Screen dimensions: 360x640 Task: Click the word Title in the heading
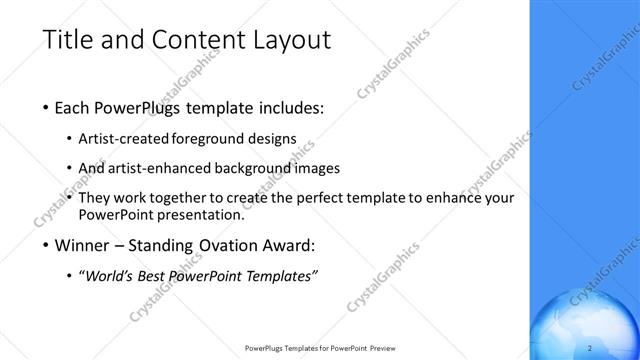pos(67,40)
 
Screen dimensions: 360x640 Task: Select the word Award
pos(288,245)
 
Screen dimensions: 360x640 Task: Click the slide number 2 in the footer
pos(591,347)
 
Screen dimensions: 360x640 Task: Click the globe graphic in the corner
pos(585,325)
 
